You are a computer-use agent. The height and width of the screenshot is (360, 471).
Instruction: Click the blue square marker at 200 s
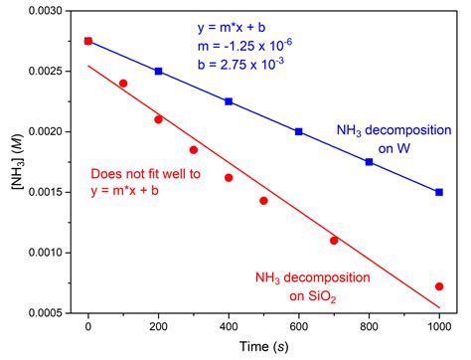[159, 71]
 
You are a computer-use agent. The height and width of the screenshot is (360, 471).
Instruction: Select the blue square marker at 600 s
[299, 131]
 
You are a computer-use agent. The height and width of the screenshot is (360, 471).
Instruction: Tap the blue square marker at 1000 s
[439, 192]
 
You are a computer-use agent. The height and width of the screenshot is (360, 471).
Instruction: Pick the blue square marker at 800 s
[370, 161]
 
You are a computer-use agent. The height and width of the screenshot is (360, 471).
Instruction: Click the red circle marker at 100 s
[123, 84]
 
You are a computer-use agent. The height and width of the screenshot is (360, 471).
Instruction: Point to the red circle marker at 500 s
[263, 201]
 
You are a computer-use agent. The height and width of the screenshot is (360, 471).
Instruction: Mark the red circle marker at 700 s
[334, 240]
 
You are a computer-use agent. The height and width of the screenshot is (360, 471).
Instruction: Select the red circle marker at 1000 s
[439, 286]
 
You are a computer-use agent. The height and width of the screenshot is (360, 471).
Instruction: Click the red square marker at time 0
[88, 41]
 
